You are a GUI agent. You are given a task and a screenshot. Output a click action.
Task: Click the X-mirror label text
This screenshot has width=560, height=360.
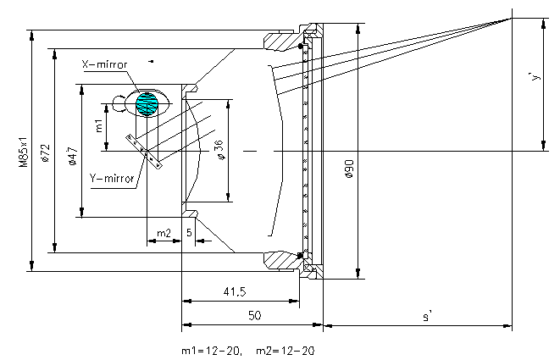(104, 64)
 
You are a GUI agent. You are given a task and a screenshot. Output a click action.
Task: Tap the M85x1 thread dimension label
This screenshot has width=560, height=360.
(25, 152)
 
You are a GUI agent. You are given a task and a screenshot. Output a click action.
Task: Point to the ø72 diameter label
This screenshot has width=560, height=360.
(47, 153)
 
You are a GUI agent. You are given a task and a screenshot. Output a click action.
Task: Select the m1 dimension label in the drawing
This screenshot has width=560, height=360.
(99, 126)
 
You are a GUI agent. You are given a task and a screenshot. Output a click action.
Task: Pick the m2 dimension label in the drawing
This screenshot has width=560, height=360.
(164, 232)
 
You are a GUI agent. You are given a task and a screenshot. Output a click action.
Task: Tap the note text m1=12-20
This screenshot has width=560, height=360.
(209, 350)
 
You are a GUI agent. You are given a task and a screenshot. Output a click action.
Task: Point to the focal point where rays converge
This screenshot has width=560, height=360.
(512, 18)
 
